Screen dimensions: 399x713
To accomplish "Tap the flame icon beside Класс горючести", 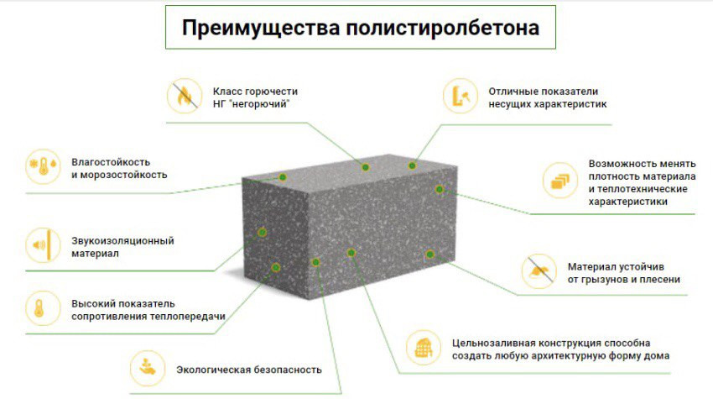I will click(182, 95).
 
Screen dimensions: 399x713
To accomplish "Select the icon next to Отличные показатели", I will click(458, 95).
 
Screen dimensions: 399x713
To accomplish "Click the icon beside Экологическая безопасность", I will click(147, 367).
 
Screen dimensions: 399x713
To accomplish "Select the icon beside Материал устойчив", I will click(537, 270).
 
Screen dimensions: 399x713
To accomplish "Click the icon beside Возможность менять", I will click(557, 179).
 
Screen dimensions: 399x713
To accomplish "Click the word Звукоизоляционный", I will click(122, 240).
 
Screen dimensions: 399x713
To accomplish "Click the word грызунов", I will click(608, 279).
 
